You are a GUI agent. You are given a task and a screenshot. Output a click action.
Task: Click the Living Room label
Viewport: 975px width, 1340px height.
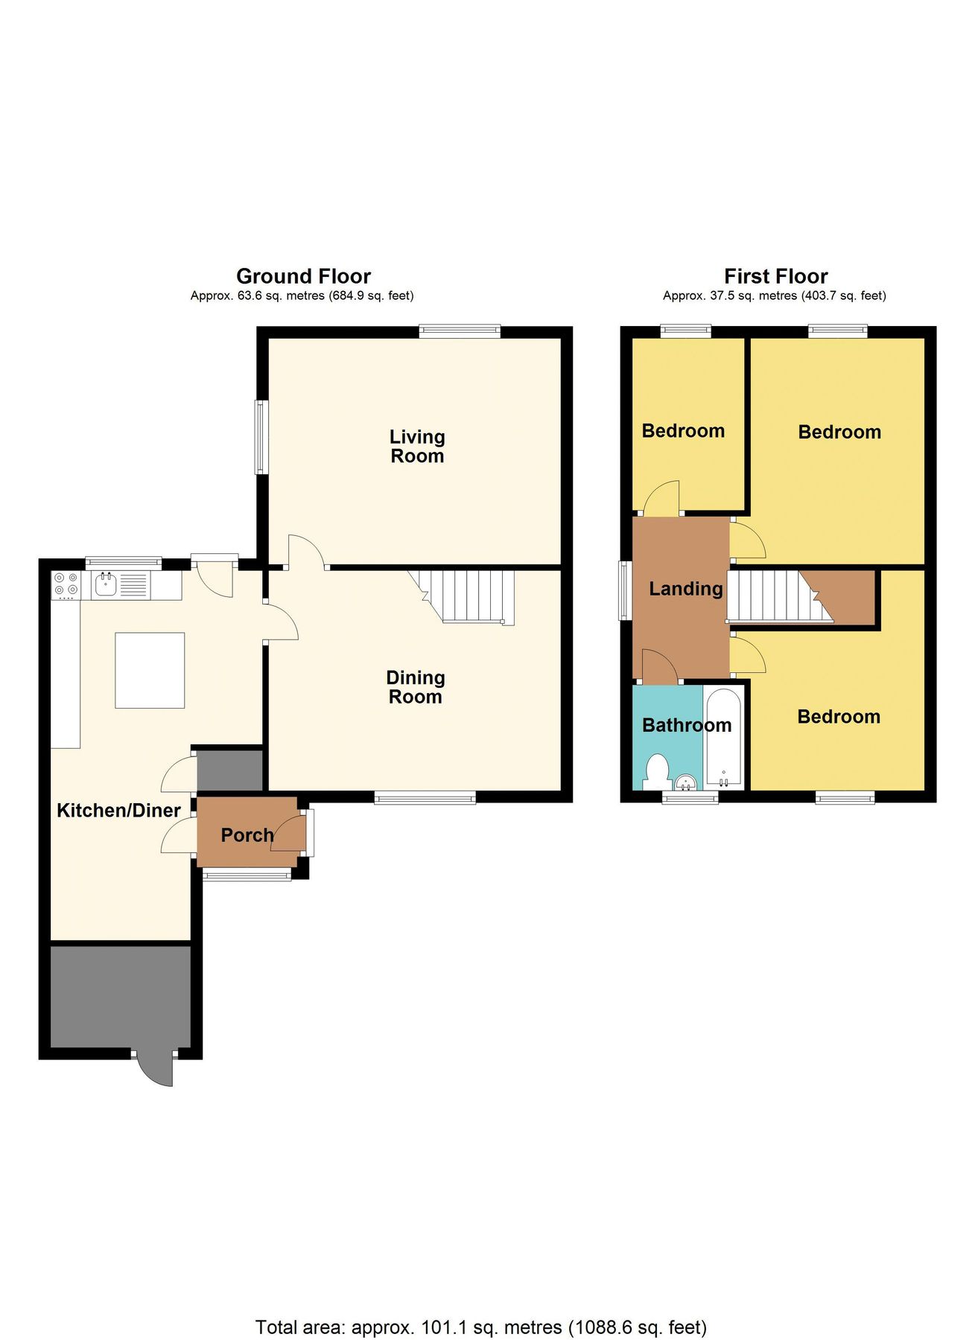[417, 447]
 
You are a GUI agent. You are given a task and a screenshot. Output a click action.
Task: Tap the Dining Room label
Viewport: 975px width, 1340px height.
[416, 687]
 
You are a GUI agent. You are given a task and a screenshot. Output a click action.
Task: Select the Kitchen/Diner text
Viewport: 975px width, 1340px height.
[119, 811]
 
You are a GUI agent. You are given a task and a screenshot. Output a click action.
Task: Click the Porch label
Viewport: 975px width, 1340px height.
[247, 835]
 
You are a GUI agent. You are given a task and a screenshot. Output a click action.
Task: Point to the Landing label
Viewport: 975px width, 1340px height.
[686, 589]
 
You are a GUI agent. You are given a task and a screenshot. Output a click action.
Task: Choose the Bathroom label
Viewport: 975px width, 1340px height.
[687, 725]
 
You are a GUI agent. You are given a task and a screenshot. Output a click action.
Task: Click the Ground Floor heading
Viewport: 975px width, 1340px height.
[303, 276]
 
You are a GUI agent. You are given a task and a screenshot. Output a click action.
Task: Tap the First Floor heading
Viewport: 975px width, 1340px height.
[775, 276]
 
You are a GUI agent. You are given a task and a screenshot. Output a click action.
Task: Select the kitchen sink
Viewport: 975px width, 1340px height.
[106, 585]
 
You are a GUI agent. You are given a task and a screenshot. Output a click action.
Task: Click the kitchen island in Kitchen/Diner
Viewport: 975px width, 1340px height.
[150, 670]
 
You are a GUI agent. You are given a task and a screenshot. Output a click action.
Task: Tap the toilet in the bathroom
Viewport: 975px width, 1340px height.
[656, 772]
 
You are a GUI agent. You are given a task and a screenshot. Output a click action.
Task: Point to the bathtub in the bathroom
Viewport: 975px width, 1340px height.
[723, 738]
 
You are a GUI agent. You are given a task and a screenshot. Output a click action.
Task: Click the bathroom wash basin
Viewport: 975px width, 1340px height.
[686, 782]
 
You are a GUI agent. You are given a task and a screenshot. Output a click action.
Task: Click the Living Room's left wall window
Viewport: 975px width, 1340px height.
[261, 438]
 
